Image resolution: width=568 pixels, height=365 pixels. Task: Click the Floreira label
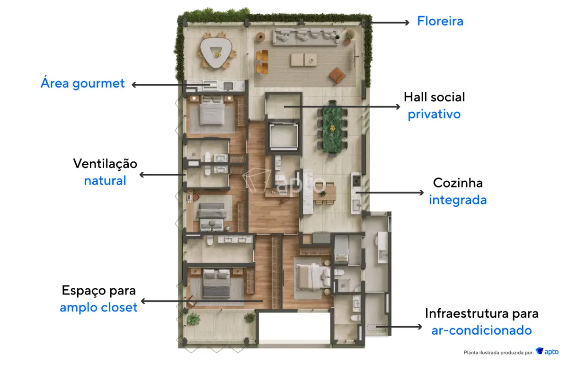pyautogui.click(x=440, y=21)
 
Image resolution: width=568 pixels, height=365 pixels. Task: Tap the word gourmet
pyautogui.click(x=98, y=84)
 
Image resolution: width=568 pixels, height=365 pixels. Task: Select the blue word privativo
pyautogui.click(x=434, y=115)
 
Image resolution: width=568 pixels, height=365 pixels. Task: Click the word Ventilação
pyautogui.click(x=105, y=164)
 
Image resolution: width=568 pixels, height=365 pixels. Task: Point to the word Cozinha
pyautogui.click(x=458, y=183)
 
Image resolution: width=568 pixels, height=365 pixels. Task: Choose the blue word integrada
pyautogui.click(x=458, y=200)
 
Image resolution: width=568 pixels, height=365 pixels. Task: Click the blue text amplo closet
pyautogui.click(x=98, y=307)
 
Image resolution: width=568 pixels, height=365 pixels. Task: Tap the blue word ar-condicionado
pyautogui.click(x=481, y=330)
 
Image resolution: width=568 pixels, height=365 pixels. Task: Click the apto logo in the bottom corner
pyautogui.click(x=547, y=352)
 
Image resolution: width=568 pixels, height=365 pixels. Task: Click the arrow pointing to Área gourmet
pyautogui.click(x=171, y=85)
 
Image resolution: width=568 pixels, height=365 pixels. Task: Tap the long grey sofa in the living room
pyautogui.click(x=306, y=37)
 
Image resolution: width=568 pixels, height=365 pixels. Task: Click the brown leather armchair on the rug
pyautogui.click(x=337, y=75)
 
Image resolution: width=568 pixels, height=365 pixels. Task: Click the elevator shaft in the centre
pyautogui.click(x=284, y=136)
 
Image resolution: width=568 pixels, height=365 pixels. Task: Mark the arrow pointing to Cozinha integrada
pyautogui.click(x=390, y=193)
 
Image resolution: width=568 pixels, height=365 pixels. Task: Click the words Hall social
pyautogui.click(x=434, y=97)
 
